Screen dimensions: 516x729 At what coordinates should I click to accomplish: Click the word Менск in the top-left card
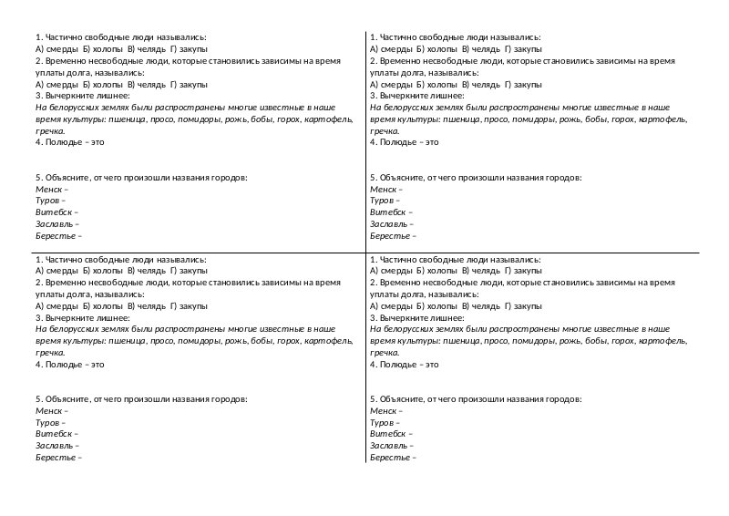[46, 189]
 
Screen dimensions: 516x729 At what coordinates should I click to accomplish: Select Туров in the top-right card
[382, 201]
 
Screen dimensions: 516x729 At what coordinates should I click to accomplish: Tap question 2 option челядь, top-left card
[149, 84]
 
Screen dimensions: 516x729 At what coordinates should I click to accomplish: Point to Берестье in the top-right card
[390, 235]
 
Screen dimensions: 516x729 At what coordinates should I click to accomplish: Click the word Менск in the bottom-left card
[46, 410]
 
